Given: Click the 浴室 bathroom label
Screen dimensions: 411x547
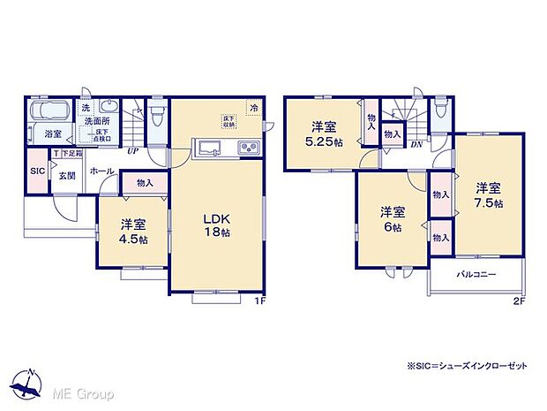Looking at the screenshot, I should pos(53,134).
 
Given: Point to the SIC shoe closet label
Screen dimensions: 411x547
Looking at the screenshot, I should pos(37,171).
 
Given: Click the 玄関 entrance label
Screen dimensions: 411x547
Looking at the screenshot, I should pos(67,176).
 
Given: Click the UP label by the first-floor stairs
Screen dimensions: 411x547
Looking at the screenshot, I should pos(132,151).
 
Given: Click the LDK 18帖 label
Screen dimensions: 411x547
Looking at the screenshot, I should pos(220,225).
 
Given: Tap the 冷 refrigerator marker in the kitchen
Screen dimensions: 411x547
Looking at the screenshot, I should pos(254,108).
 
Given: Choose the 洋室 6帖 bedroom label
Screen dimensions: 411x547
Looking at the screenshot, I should pos(393,219).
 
